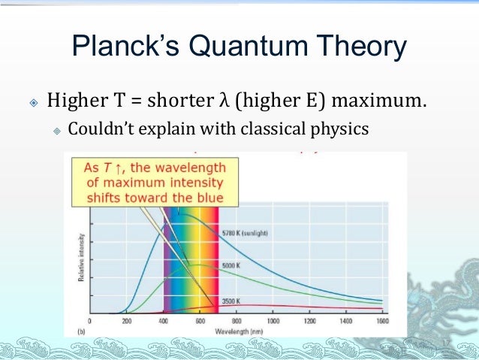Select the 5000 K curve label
click(233, 266)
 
